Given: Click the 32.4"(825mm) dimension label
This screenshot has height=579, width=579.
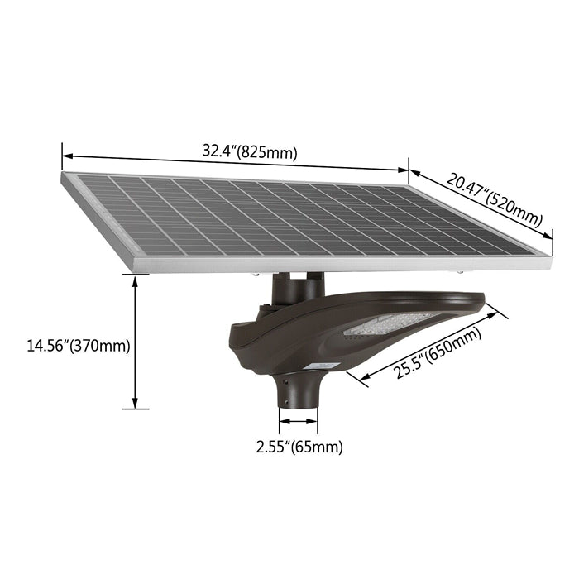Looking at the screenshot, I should pos(249,151).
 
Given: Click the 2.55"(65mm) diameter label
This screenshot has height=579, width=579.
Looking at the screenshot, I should pos(299,447).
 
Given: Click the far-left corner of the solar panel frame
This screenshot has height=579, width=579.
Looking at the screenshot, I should pos(63,176).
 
